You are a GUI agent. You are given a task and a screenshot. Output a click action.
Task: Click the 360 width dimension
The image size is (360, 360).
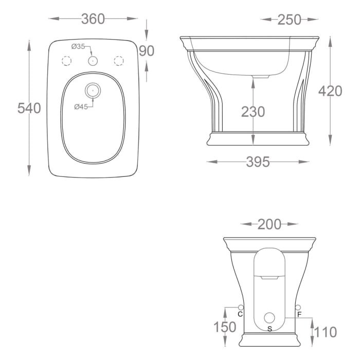[93, 19]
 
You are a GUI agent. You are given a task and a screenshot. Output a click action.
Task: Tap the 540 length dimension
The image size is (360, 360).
[29, 108]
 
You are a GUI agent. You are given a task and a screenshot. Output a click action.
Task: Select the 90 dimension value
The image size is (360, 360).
[147, 51]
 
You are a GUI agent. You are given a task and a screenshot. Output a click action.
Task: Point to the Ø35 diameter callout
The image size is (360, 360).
[78, 47]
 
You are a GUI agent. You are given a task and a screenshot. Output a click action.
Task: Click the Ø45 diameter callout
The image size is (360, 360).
[81, 106]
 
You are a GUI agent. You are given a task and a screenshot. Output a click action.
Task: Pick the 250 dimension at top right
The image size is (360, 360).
[290, 20]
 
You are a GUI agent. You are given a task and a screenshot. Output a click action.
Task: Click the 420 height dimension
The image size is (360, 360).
[330, 91]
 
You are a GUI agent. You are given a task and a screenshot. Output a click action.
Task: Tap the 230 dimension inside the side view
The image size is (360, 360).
[253, 112]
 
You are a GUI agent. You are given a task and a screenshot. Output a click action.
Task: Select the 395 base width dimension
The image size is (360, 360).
[258, 162]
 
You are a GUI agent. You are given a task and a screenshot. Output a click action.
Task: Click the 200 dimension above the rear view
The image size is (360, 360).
[269, 224]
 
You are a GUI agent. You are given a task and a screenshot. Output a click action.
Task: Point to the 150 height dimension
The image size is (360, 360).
[225, 327]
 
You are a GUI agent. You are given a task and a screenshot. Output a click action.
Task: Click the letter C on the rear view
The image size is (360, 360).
[240, 314]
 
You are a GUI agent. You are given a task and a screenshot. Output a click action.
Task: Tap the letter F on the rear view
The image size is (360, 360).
[299, 314]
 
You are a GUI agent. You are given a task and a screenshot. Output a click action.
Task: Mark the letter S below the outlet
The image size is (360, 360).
[269, 328]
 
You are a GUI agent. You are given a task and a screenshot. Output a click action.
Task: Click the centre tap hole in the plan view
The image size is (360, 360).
[93, 61]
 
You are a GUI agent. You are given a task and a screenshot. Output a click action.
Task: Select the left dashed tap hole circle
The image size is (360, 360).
[67, 61]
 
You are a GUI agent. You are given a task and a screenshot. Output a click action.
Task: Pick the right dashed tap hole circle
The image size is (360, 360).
[118, 61]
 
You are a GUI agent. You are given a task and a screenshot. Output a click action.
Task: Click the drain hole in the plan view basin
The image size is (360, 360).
[93, 91]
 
